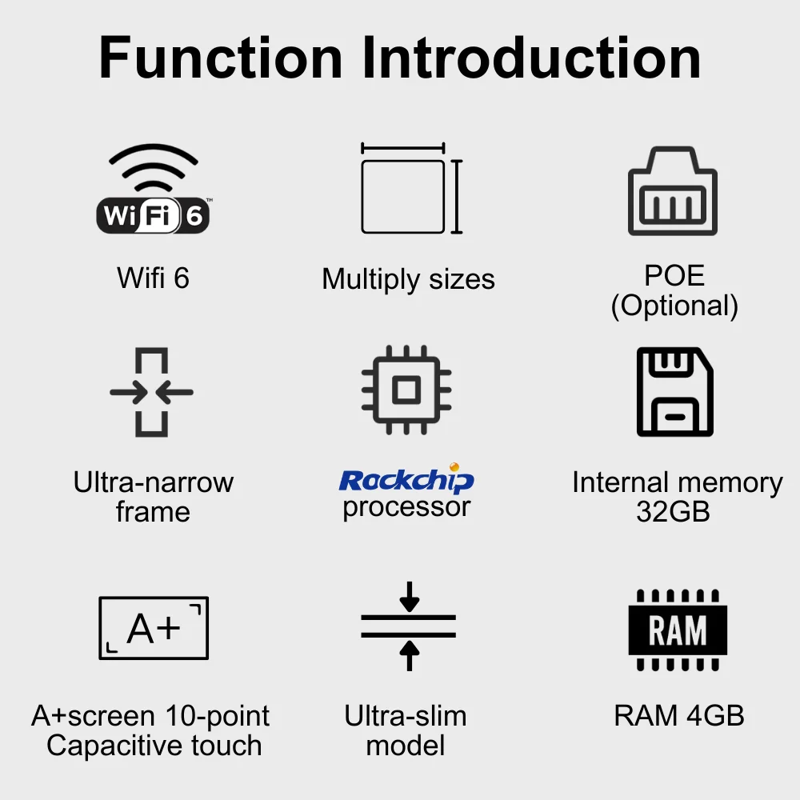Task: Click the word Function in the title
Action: pos(221,58)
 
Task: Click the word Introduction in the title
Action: pos(532,58)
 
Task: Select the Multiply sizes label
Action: pos(408,279)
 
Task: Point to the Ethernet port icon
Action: pos(673,192)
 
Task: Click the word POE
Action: pos(674,275)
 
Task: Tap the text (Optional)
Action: pos(674,306)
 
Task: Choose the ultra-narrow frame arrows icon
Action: pos(152,392)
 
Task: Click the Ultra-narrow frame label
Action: pos(153,497)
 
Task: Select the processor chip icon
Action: pos(406,390)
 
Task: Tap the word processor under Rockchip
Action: pos(406,507)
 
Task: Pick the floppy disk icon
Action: pos(674,392)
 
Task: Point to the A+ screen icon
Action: pos(154,628)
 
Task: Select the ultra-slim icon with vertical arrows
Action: pos(408,626)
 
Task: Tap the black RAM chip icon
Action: pos(678,630)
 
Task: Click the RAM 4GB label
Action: pos(679,716)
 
